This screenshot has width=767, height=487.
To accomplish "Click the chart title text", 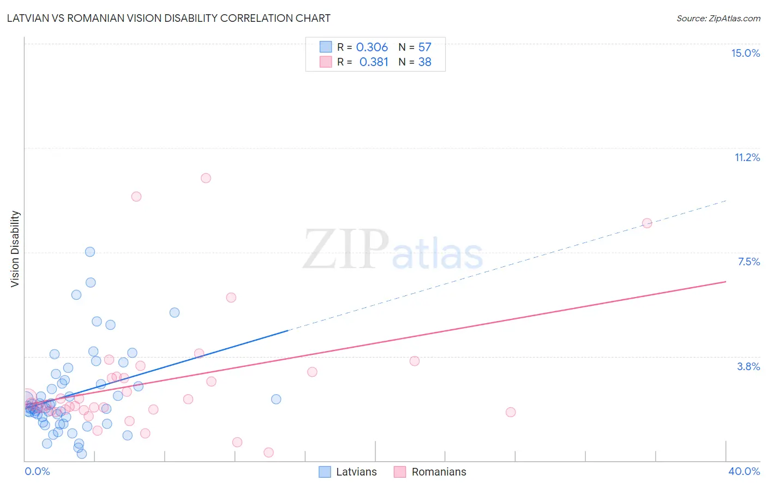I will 169,18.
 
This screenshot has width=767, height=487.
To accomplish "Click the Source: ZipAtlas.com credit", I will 718,18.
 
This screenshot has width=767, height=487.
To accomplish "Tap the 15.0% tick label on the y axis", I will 745,53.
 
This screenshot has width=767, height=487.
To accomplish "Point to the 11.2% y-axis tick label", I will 747,157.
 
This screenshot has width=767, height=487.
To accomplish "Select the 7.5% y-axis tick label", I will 748,262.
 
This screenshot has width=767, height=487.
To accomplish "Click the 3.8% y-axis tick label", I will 748,366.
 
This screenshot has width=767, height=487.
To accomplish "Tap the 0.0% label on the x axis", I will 37,471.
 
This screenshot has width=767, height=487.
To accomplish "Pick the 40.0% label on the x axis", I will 744,471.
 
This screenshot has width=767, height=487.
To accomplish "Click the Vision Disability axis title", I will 15,249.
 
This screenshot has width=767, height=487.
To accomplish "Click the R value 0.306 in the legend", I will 372,47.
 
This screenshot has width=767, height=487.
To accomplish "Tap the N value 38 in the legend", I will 424,62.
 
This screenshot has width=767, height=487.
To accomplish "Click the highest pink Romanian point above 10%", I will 206,178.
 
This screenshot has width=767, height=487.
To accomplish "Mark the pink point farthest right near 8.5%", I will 647,223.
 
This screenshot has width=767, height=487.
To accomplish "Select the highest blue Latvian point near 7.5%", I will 90,252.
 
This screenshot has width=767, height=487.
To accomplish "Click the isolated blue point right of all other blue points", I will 276,399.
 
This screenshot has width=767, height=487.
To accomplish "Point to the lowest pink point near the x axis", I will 268,452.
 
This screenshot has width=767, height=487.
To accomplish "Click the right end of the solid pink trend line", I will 726,282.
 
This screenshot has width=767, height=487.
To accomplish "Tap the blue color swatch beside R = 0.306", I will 326,47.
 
